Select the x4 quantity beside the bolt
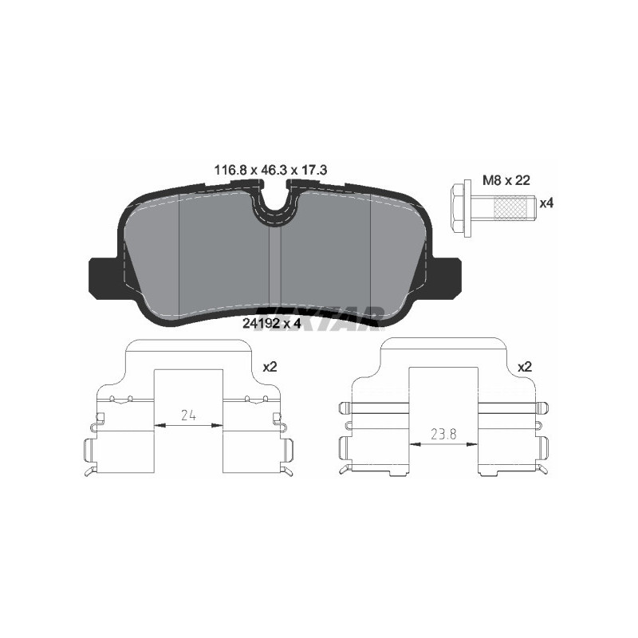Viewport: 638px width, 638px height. click(546, 203)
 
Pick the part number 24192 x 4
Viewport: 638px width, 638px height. click(270, 323)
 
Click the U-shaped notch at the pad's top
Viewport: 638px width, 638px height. click(274, 209)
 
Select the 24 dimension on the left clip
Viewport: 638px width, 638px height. click(188, 414)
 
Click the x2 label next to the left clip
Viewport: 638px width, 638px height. click(269, 367)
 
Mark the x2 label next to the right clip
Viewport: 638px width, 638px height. click(524, 367)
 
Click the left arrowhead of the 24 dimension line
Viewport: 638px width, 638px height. click(157, 426)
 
